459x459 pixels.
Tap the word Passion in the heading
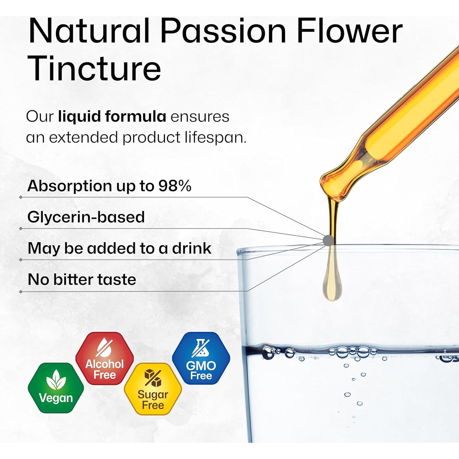coord(223,31)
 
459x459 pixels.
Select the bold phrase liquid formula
coord(112,117)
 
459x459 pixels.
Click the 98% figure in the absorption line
coord(175,185)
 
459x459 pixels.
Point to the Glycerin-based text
coord(86,217)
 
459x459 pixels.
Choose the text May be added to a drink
coord(119,248)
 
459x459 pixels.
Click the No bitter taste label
coord(82,279)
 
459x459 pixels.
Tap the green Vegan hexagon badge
coord(56,388)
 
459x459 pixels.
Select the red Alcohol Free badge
coord(105,358)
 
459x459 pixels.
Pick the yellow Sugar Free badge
coord(153,389)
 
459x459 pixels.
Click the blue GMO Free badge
coord(201,358)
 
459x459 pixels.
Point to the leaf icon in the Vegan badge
coord(56,380)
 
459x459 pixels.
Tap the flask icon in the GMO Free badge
coord(200,348)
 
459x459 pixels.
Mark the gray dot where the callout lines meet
coord(328,240)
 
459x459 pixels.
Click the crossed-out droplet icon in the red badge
coord(104,348)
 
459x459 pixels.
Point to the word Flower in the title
coord(349,31)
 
